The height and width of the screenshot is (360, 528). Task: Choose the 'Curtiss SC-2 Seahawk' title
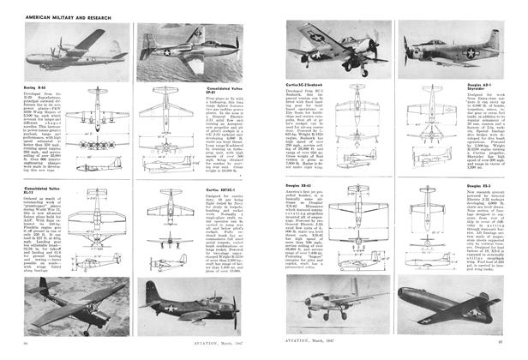[x=305, y=85]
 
